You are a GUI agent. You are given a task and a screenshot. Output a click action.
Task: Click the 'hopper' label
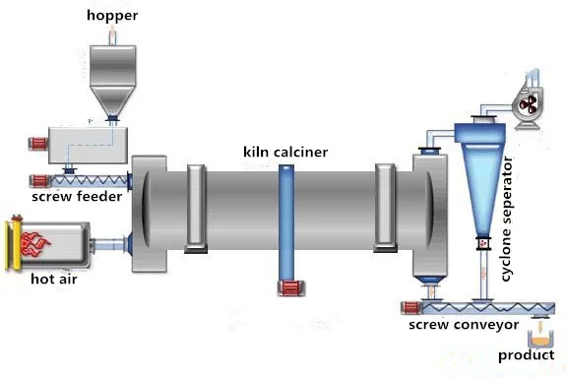tap(112, 15)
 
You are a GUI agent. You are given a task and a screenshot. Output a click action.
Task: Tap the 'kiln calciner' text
tap(285, 152)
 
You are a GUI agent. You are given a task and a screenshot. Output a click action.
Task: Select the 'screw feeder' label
tap(77, 197)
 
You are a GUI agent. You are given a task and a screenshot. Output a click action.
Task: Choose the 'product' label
tap(526, 355)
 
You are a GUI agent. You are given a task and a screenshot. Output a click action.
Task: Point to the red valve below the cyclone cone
tap(482, 243)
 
